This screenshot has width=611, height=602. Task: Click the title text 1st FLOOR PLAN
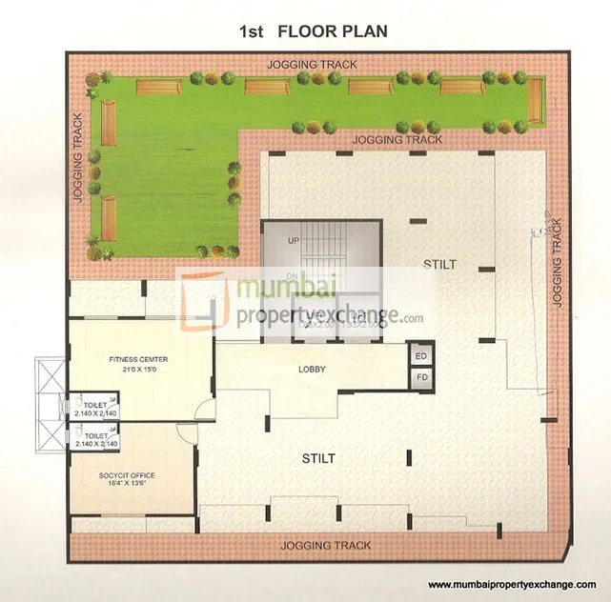point(313,31)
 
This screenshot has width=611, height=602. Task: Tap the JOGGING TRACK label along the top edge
point(313,65)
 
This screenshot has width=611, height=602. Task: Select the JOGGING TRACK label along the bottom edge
point(326,546)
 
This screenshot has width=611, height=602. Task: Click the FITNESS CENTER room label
point(138,359)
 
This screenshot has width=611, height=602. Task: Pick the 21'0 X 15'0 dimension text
point(138,370)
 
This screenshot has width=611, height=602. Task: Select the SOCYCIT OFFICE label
point(127,474)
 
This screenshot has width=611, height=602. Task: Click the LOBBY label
point(313,369)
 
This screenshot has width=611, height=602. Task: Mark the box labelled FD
point(421,378)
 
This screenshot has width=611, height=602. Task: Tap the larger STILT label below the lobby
point(318,458)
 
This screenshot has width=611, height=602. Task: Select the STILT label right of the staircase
point(440,264)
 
